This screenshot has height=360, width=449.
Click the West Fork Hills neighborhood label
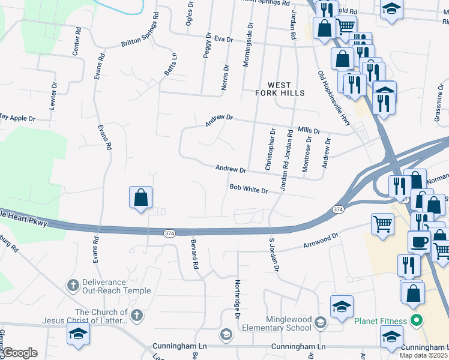click(x=280, y=89)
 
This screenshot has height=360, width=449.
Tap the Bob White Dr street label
click(x=248, y=189)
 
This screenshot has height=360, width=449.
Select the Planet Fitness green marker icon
click(x=414, y=320)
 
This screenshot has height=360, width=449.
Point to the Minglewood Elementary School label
click(x=277, y=324)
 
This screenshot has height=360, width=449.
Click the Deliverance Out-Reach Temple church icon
click(x=74, y=284)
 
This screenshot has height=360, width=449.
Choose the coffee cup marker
click(x=420, y=241)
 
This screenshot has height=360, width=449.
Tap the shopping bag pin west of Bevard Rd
click(x=140, y=197)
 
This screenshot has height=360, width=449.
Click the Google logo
click(x=19, y=352)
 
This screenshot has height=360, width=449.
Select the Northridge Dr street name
click(x=238, y=299)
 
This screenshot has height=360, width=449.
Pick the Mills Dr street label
click(x=309, y=130)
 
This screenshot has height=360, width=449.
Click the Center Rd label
click(x=76, y=41)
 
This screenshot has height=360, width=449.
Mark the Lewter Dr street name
click(x=54, y=95)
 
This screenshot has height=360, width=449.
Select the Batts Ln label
click(x=170, y=65)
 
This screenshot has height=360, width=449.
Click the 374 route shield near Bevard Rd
click(x=170, y=232)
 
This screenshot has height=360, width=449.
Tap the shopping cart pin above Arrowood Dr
click(x=382, y=224)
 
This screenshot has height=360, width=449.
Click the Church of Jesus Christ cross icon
click(x=137, y=314)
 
